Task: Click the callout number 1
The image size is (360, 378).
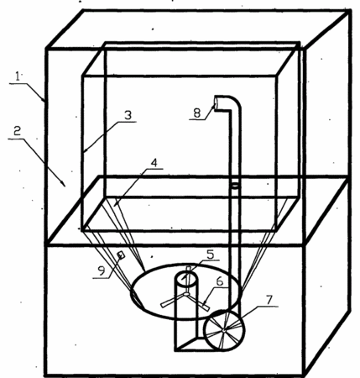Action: tap(18, 76)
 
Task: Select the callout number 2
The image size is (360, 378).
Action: tap(18, 131)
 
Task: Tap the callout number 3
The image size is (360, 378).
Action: tap(128, 115)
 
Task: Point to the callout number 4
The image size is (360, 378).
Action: tap(154, 162)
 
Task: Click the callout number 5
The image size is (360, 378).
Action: tap(210, 255)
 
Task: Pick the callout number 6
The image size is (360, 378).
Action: tap(220, 281)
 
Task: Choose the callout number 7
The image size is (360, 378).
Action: tap(269, 300)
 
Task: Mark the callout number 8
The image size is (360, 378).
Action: tap(197, 113)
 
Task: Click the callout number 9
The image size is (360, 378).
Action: tap(101, 270)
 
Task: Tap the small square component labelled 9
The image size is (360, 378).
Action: tap(121, 255)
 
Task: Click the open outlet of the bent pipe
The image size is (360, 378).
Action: tap(217, 102)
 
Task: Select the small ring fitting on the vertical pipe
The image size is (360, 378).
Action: tap(235, 186)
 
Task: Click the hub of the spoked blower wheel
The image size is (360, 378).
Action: tap(224, 330)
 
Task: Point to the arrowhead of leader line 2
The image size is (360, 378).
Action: tap(64, 184)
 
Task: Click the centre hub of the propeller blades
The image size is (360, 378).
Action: tap(186, 294)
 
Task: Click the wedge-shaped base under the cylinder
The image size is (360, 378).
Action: tap(193, 344)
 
